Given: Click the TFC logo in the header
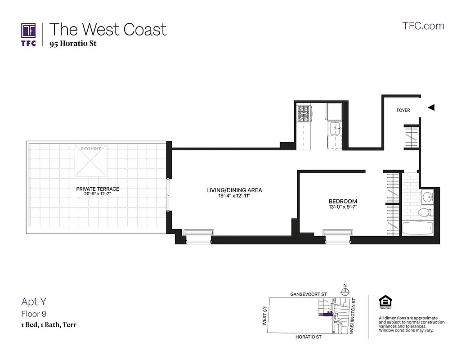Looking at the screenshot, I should pyautogui.click(x=28, y=34).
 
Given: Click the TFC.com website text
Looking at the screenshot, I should pyautogui.click(x=423, y=26).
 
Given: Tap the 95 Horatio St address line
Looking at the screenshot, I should pyautogui.click(x=73, y=44).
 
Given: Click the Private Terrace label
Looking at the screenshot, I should pyautogui.click(x=98, y=189).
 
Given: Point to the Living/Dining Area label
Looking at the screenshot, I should pyautogui.click(x=234, y=190).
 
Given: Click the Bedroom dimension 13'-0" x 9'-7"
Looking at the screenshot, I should pyautogui.click(x=343, y=207).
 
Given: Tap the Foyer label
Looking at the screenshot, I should pyautogui.click(x=403, y=110).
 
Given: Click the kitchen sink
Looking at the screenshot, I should pyautogui.click(x=336, y=129).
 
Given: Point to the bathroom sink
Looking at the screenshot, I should pyautogui.click(x=427, y=197).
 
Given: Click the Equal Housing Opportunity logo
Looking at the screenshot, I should pyautogui.click(x=385, y=301).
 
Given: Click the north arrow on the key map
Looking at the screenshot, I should pyautogui.click(x=345, y=289).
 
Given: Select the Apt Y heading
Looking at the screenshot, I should pyautogui.click(x=34, y=301).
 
